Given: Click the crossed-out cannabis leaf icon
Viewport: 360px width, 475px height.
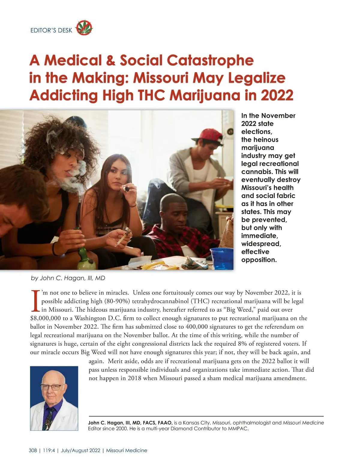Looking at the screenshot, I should pos(84,28).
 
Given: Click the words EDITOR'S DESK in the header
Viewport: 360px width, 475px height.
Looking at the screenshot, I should pos(51,30).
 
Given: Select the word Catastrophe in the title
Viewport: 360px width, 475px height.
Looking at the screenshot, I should pos(210,60).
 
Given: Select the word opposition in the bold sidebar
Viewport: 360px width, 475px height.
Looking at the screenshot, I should pos(259,260).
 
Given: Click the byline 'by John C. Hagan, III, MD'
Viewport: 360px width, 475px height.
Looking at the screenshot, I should pos(68,278).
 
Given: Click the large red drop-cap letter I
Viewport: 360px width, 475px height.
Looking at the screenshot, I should pos(35,301).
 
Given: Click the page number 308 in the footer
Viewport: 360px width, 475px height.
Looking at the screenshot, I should pos(33,450).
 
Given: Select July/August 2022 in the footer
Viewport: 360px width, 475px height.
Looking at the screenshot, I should pos(80,450).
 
